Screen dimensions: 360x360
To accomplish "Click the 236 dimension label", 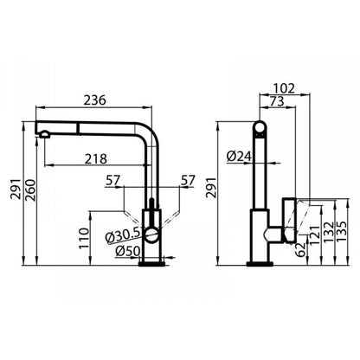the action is (95, 100).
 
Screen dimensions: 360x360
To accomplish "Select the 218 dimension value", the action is (96, 159).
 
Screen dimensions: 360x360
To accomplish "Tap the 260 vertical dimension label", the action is (30, 190).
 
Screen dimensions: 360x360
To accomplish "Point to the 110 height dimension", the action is (84, 238).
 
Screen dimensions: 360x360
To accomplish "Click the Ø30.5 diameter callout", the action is (123, 236).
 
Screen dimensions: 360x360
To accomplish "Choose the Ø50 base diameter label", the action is (128, 251).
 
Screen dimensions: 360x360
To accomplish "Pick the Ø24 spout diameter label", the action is (239, 157).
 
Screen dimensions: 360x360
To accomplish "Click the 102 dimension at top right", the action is (284, 88).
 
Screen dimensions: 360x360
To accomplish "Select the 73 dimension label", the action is (277, 101).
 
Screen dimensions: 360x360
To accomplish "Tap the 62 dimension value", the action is (301, 249).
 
